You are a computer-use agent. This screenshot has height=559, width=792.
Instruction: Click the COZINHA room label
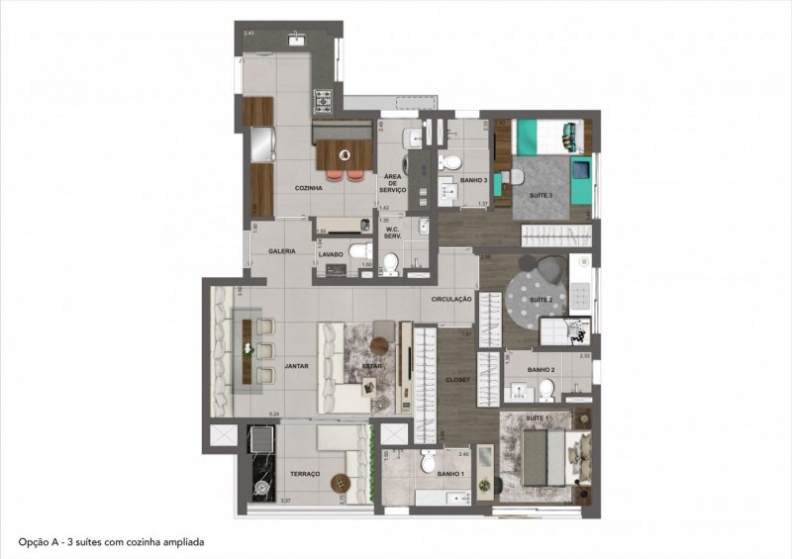click(310, 187)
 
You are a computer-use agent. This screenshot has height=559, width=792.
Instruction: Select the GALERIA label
click(282, 251)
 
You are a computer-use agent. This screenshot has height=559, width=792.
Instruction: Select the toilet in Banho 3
click(451, 162)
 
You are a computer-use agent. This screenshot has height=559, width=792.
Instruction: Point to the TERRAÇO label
click(306, 475)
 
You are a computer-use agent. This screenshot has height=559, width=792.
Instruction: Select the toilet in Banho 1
click(428, 460)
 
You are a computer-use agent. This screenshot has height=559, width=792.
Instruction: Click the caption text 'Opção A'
click(37, 543)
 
